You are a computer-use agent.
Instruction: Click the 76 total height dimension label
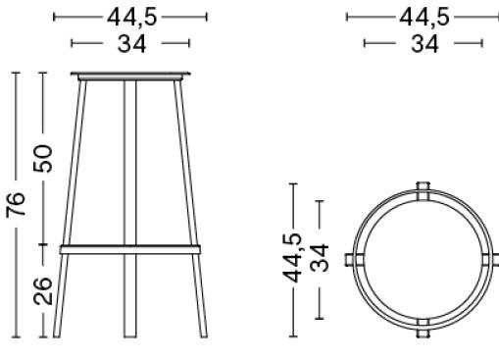(x=16, y=204)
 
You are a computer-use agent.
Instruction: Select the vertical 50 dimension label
(x=43, y=158)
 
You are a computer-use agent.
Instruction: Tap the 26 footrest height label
(x=43, y=291)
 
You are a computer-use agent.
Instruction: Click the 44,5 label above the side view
(x=132, y=18)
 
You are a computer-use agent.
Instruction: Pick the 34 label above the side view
(x=132, y=44)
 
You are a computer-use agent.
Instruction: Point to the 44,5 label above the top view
(x=424, y=18)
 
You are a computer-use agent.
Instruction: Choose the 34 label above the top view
(x=424, y=44)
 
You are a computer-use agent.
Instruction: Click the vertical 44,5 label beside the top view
(x=292, y=257)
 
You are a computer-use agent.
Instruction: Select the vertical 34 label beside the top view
(x=319, y=258)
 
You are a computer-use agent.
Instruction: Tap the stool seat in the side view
(x=130, y=77)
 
